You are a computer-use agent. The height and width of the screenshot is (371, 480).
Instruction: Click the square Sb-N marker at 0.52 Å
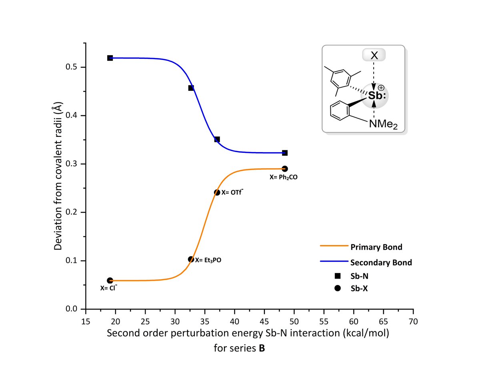110,58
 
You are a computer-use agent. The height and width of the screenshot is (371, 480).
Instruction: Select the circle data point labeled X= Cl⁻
110,281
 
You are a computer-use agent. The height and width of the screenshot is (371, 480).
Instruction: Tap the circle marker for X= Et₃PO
191,259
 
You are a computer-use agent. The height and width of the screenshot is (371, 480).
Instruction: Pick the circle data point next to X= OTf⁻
217,193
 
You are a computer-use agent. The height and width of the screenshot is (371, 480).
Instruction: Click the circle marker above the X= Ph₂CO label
285,168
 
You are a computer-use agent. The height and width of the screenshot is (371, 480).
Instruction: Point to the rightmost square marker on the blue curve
285,153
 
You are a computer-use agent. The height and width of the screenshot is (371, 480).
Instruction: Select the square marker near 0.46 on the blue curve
191,88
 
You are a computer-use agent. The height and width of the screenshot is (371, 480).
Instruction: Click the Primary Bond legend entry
376,247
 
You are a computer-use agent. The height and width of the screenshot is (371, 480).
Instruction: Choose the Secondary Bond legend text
381,263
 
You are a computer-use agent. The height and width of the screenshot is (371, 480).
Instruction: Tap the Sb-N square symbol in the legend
338,275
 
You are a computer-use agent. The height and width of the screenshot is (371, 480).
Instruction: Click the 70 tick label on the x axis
413,322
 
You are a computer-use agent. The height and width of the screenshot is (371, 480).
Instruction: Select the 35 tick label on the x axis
204,322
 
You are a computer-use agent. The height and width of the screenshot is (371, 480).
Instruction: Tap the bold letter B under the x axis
262,349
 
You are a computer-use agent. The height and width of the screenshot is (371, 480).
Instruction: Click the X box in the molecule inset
374,56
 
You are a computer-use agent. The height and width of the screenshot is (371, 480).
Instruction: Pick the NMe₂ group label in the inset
383,124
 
